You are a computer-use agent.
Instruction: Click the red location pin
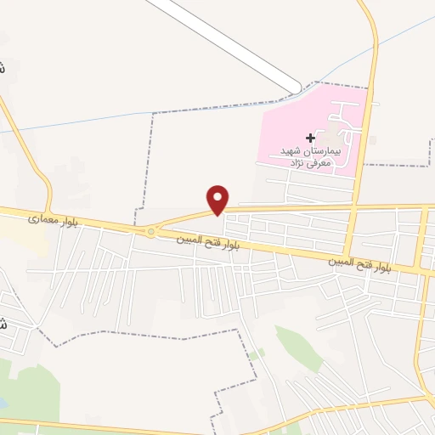coord(219,199)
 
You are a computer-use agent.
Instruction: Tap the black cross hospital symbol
coord(310,137)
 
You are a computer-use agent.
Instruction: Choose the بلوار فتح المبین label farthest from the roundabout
coord(361,264)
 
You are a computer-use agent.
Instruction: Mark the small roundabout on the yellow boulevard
coord(151,231)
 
